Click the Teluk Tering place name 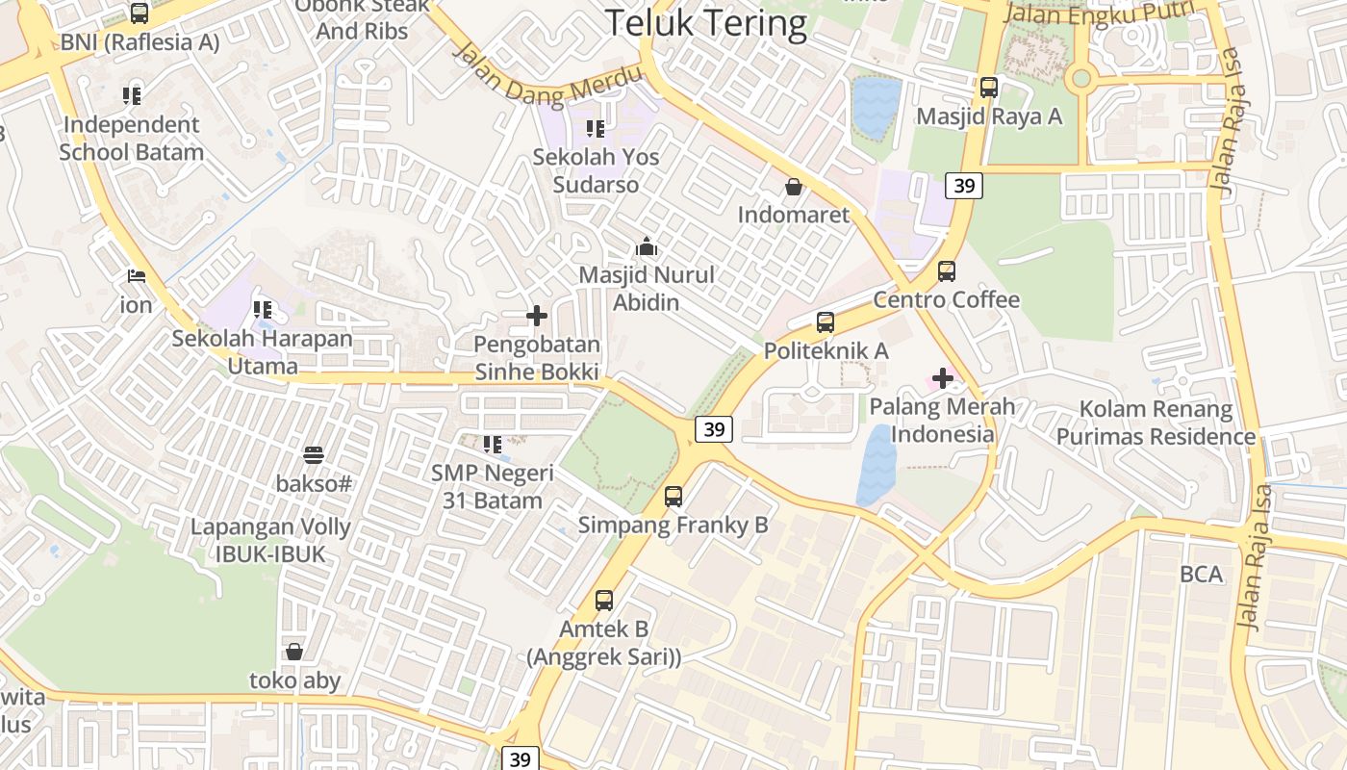tap(706, 23)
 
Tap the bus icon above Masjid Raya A tap(988, 88)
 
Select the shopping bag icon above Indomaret tap(794, 186)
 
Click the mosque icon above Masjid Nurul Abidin tap(647, 247)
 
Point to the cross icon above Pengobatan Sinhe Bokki tap(537, 316)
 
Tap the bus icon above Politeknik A tap(825, 322)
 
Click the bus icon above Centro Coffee tap(947, 271)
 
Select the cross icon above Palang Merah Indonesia tap(943, 378)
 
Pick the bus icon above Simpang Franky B tap(673, 497)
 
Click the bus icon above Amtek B tap(603, 601)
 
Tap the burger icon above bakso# tap(314, 455)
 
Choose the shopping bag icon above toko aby tap(294, 652)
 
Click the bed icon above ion tap(137, 276)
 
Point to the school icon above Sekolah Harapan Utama tap(262, 310)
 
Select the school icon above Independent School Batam tap(132, 95)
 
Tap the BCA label tap(1202, 575)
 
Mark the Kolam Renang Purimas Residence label tap(1156, 423)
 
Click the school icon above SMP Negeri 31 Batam tap(493, 444)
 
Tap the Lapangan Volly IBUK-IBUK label tap(257, 541)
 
